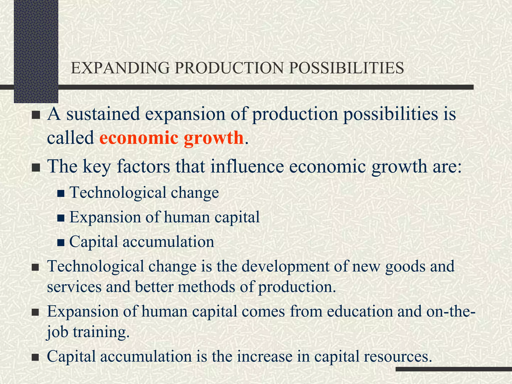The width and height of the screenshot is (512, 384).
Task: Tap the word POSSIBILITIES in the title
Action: click(346, 68)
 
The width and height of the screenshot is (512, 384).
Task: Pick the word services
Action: click(74, 287)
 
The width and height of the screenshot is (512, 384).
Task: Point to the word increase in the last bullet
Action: click(265, 356)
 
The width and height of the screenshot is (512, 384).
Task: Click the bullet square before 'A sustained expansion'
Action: click(36, 115)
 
